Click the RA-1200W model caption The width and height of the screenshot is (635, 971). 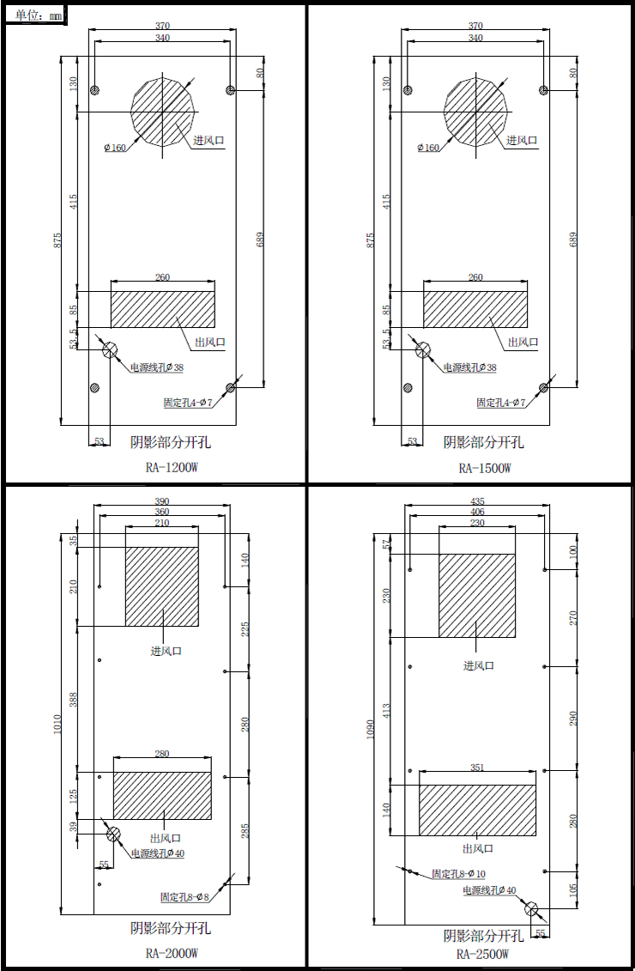tap(172, 468)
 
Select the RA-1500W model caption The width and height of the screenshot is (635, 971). tap(485, 468)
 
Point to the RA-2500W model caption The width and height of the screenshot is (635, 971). tap(483, 954)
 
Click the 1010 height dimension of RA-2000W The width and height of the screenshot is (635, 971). tap(57, 725)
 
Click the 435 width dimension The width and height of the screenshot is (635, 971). tap(477, 501)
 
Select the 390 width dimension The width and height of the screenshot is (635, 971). tap(161, 501)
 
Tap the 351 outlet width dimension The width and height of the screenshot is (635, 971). tap(477, 768)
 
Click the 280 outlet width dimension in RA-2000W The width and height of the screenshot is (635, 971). tap(161, 754)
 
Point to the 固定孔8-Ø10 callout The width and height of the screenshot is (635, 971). tap(458, 874)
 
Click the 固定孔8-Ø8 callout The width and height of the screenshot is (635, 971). tap(185, 896)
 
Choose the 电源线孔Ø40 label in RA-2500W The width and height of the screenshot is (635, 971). tap(489, 890)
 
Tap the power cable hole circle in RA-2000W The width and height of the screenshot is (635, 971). tap(113, 834)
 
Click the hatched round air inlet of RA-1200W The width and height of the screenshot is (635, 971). tap(163, 112)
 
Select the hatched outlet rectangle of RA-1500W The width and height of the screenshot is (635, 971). tap(475, 308)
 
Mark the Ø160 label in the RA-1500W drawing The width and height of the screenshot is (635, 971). tap(428, 148)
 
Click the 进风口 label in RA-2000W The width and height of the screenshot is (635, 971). tap(166, 651)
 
